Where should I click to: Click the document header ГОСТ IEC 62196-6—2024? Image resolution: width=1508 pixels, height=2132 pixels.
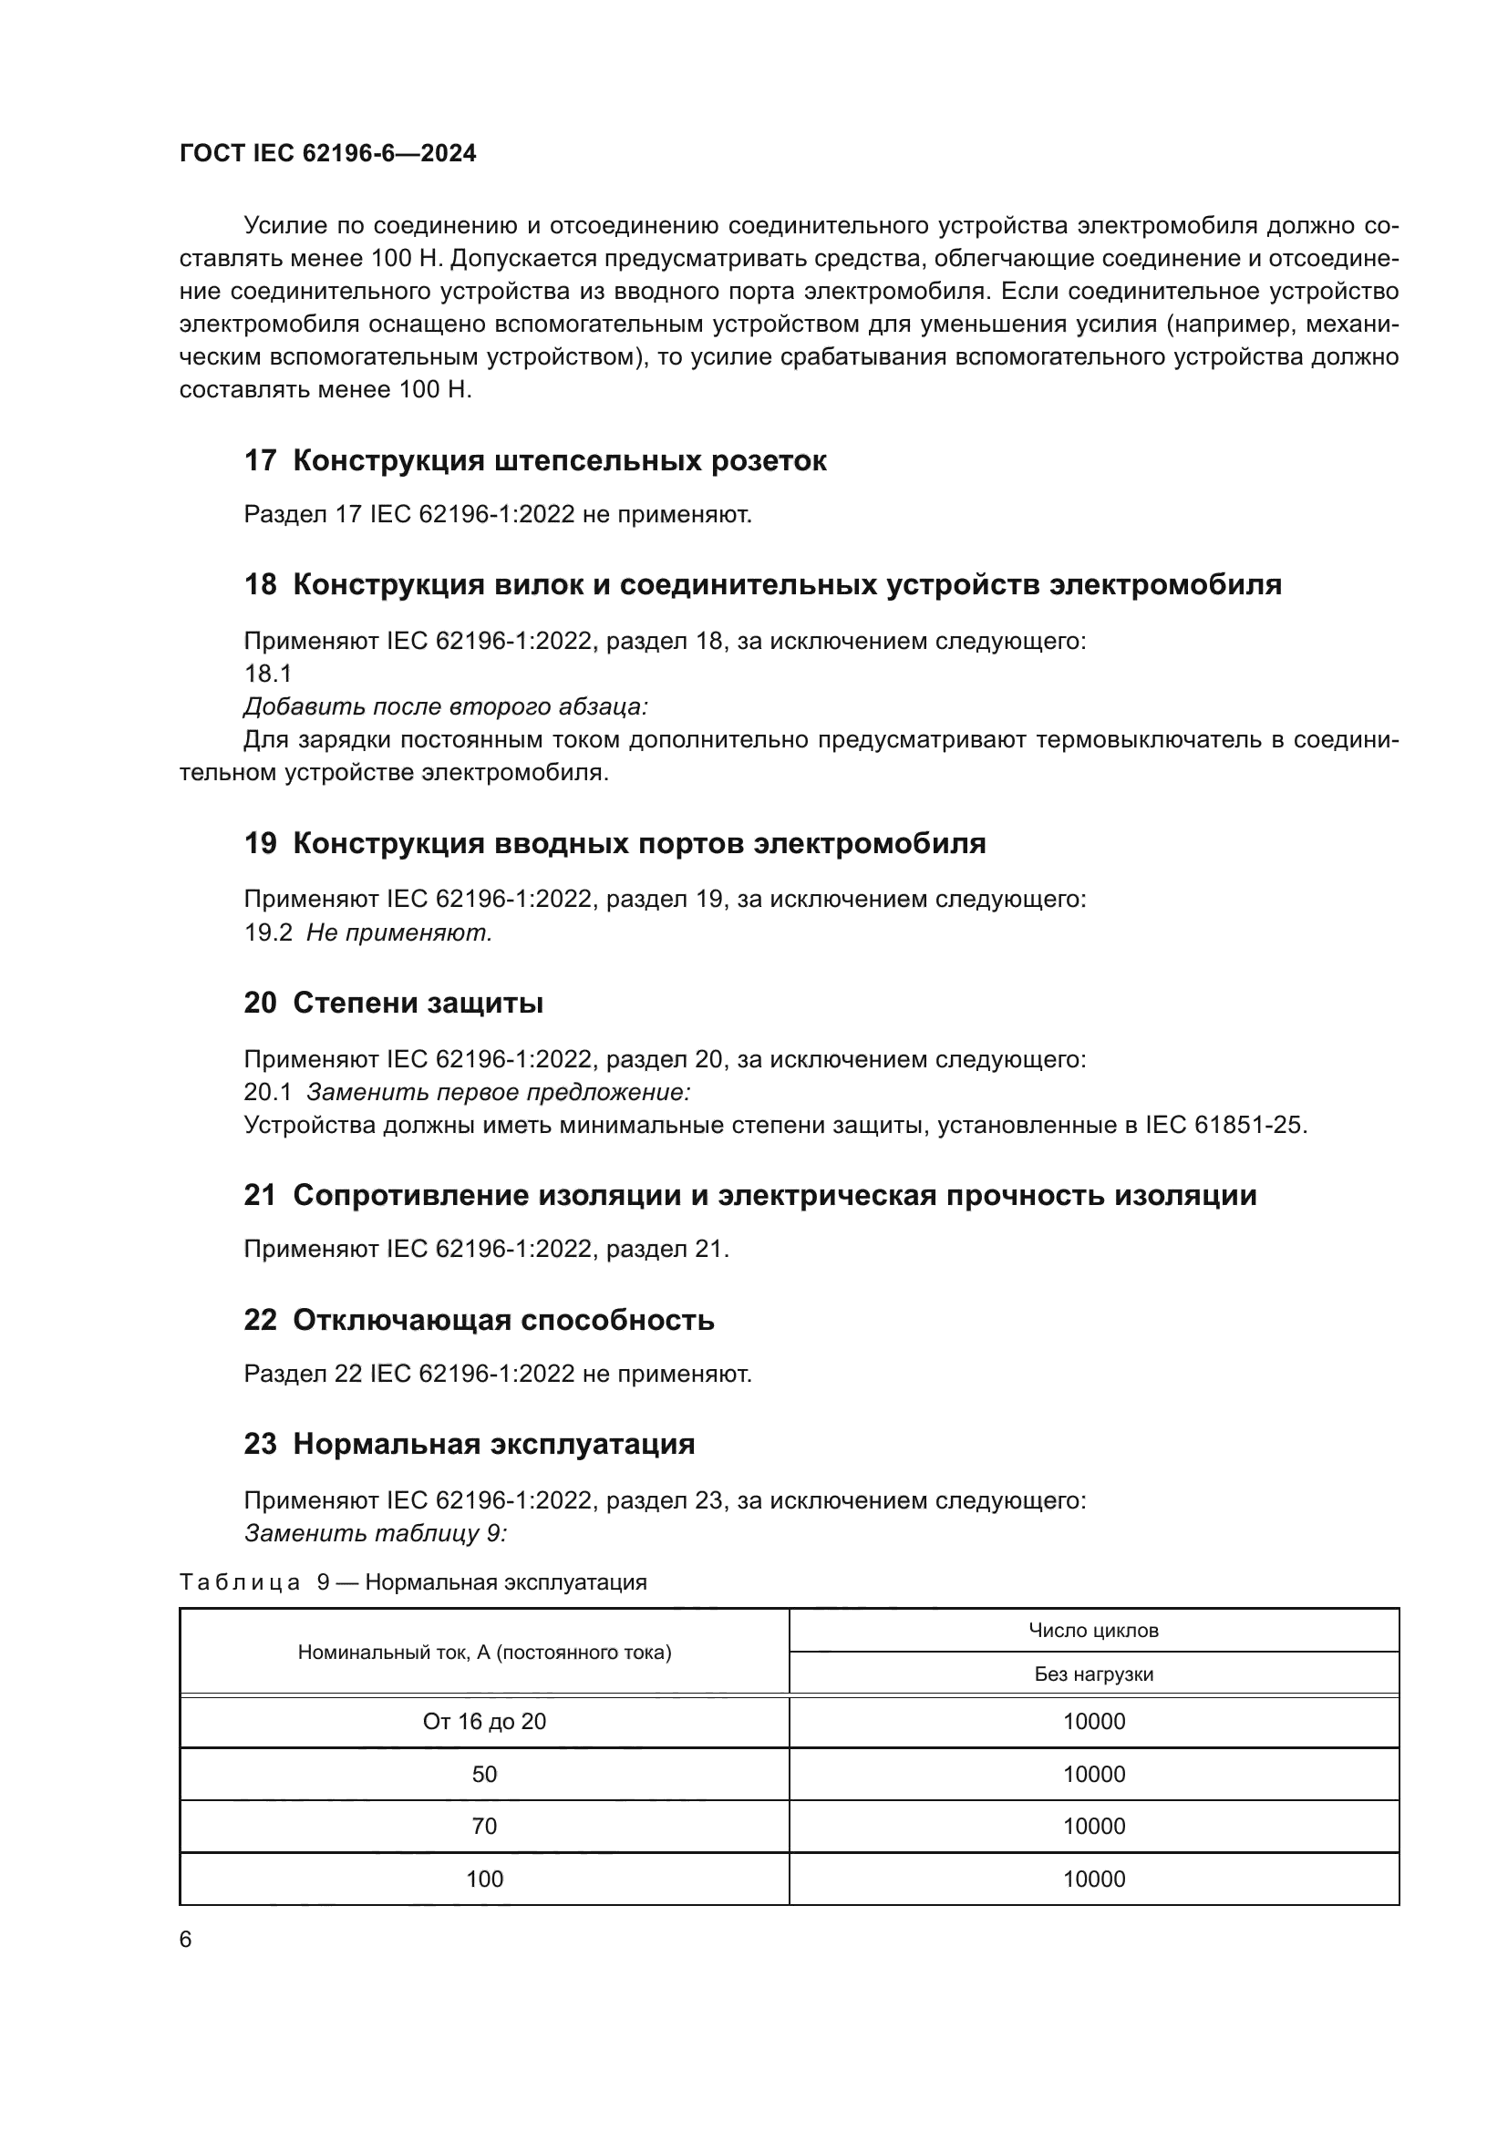[327, 154]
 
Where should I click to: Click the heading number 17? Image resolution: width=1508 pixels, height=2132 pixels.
[260, 460]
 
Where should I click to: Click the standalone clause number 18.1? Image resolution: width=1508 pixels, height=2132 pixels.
[267, 674]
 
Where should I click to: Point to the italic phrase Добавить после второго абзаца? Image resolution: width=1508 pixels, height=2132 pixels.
[445, 706]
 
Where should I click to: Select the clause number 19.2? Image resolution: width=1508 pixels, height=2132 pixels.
[267, 932]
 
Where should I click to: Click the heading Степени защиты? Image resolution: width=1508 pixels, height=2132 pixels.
[418, 1003]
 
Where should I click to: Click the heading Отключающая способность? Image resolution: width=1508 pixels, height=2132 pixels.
[503, 1320]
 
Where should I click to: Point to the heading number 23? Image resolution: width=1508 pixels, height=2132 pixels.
[260, 1444]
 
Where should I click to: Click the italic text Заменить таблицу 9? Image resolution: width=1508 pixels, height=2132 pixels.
[375, 1533]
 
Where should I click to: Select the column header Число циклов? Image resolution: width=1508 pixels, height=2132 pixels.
[1093, 1631]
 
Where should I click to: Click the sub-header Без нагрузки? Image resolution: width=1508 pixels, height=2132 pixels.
[1093, 1674]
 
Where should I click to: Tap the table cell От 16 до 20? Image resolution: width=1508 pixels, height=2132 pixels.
[484, 1722]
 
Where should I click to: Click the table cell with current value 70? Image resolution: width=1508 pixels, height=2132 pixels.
[484, 1827]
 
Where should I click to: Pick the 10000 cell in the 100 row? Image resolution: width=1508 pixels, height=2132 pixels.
[1093, 1880]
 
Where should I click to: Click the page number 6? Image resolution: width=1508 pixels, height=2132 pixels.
[186, 1940]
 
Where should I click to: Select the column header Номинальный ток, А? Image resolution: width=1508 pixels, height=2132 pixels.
[484, 1653]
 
